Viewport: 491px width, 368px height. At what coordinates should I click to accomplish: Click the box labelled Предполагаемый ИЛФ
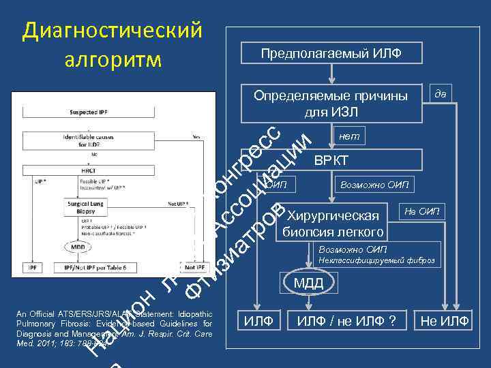pyautogui.click(x=330, y=53)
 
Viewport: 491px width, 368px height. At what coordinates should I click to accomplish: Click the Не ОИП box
pyautogui.click(x=422, y=211)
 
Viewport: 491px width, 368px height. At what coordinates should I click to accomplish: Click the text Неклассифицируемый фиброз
pyautogui.click(x=376, y=260)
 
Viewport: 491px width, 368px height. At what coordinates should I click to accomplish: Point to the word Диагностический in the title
pyautogui.click(x=113, y=30)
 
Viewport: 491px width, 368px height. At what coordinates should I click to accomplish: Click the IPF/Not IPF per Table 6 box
pyautogui.click(x=95, y=269)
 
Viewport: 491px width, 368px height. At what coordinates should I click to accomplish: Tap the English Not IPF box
pyautogui.click(x=192, y=269)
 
